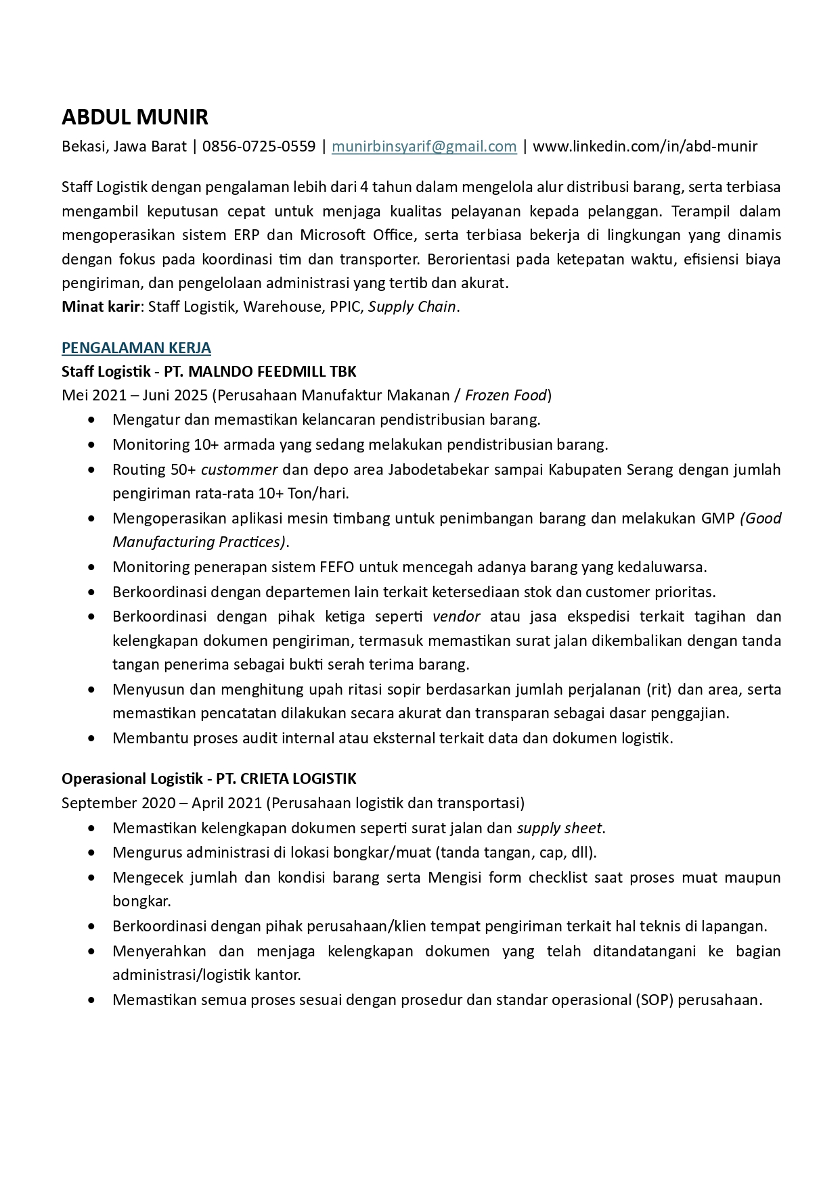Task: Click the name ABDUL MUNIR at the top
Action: coord(135,118)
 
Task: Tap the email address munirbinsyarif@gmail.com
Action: coord(424,146)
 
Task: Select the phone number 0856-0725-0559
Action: coord(259,146)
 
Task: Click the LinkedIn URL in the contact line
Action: coord(645,146)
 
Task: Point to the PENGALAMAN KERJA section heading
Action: coord(136,348)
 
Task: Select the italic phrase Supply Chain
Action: coord(412,306)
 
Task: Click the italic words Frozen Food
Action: coord(506,395)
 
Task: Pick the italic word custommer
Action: coord(239,469)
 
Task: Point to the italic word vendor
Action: coord(456,616)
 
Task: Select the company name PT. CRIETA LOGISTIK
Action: coord(286,778)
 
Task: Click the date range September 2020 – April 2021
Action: coord(161,803)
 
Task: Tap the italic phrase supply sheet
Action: coord(559,828)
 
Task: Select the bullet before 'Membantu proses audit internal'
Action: coord(91,739)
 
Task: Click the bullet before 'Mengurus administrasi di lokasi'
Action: coord(91,853)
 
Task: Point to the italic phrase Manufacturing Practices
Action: coord(199,542)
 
